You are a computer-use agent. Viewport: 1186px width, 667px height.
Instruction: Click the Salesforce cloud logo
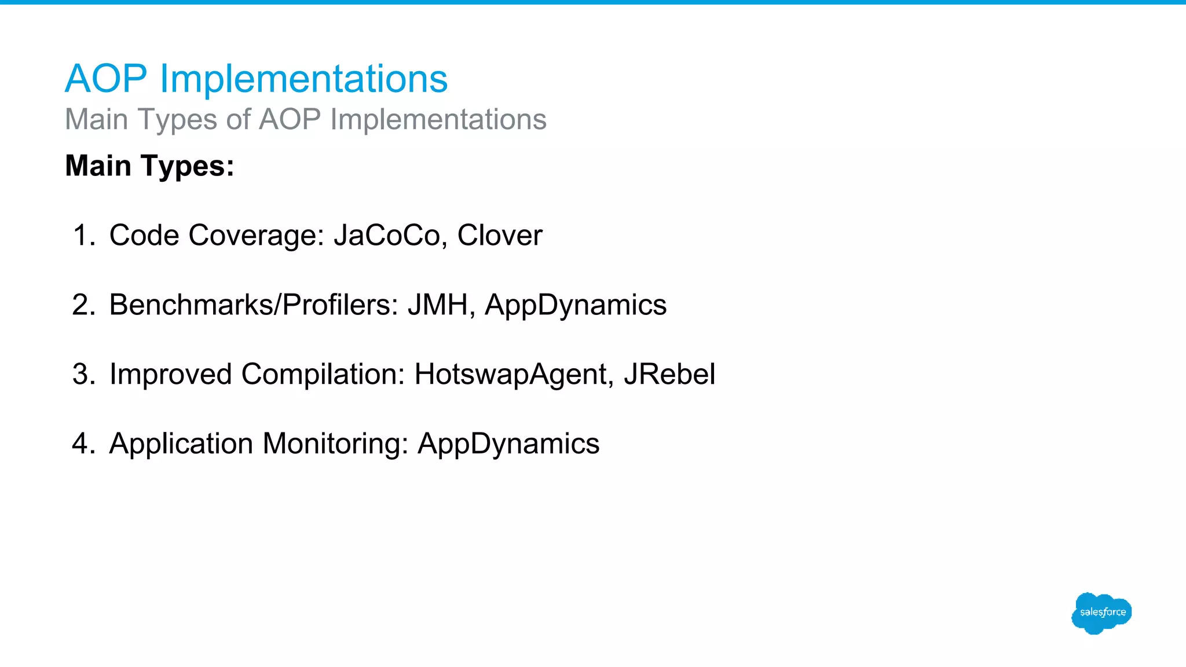1101,613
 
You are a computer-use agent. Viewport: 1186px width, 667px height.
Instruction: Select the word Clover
499,236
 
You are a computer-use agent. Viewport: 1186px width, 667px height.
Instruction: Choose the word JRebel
669,375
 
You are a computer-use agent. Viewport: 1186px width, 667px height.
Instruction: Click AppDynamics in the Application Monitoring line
508,444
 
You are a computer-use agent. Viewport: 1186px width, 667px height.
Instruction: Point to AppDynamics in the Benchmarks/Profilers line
575,305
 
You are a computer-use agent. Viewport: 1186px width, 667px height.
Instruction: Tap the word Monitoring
335,444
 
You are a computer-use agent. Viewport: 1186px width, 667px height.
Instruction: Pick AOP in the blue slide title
106,79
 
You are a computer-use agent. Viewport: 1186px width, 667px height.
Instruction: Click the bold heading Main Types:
149,166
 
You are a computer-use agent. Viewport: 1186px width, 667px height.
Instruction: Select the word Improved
171,375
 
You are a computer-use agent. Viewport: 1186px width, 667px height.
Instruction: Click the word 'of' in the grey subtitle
238,120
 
